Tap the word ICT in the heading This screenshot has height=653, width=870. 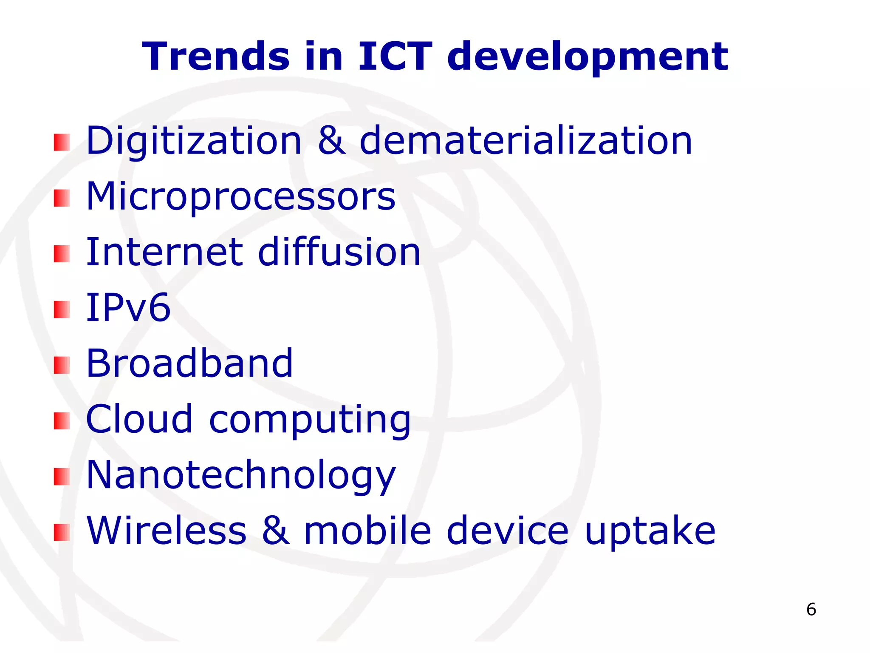395,57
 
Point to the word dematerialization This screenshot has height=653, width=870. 526,141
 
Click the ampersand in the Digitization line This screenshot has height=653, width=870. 331,141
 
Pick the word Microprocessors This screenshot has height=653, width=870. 240,197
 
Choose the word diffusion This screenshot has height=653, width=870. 339,253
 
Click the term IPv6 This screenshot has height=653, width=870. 128,308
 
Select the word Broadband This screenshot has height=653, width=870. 189,363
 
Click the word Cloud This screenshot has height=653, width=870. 139,420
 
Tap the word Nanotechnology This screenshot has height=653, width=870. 240,476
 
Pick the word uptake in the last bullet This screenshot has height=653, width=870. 650,531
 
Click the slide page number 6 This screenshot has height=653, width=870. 811,610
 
